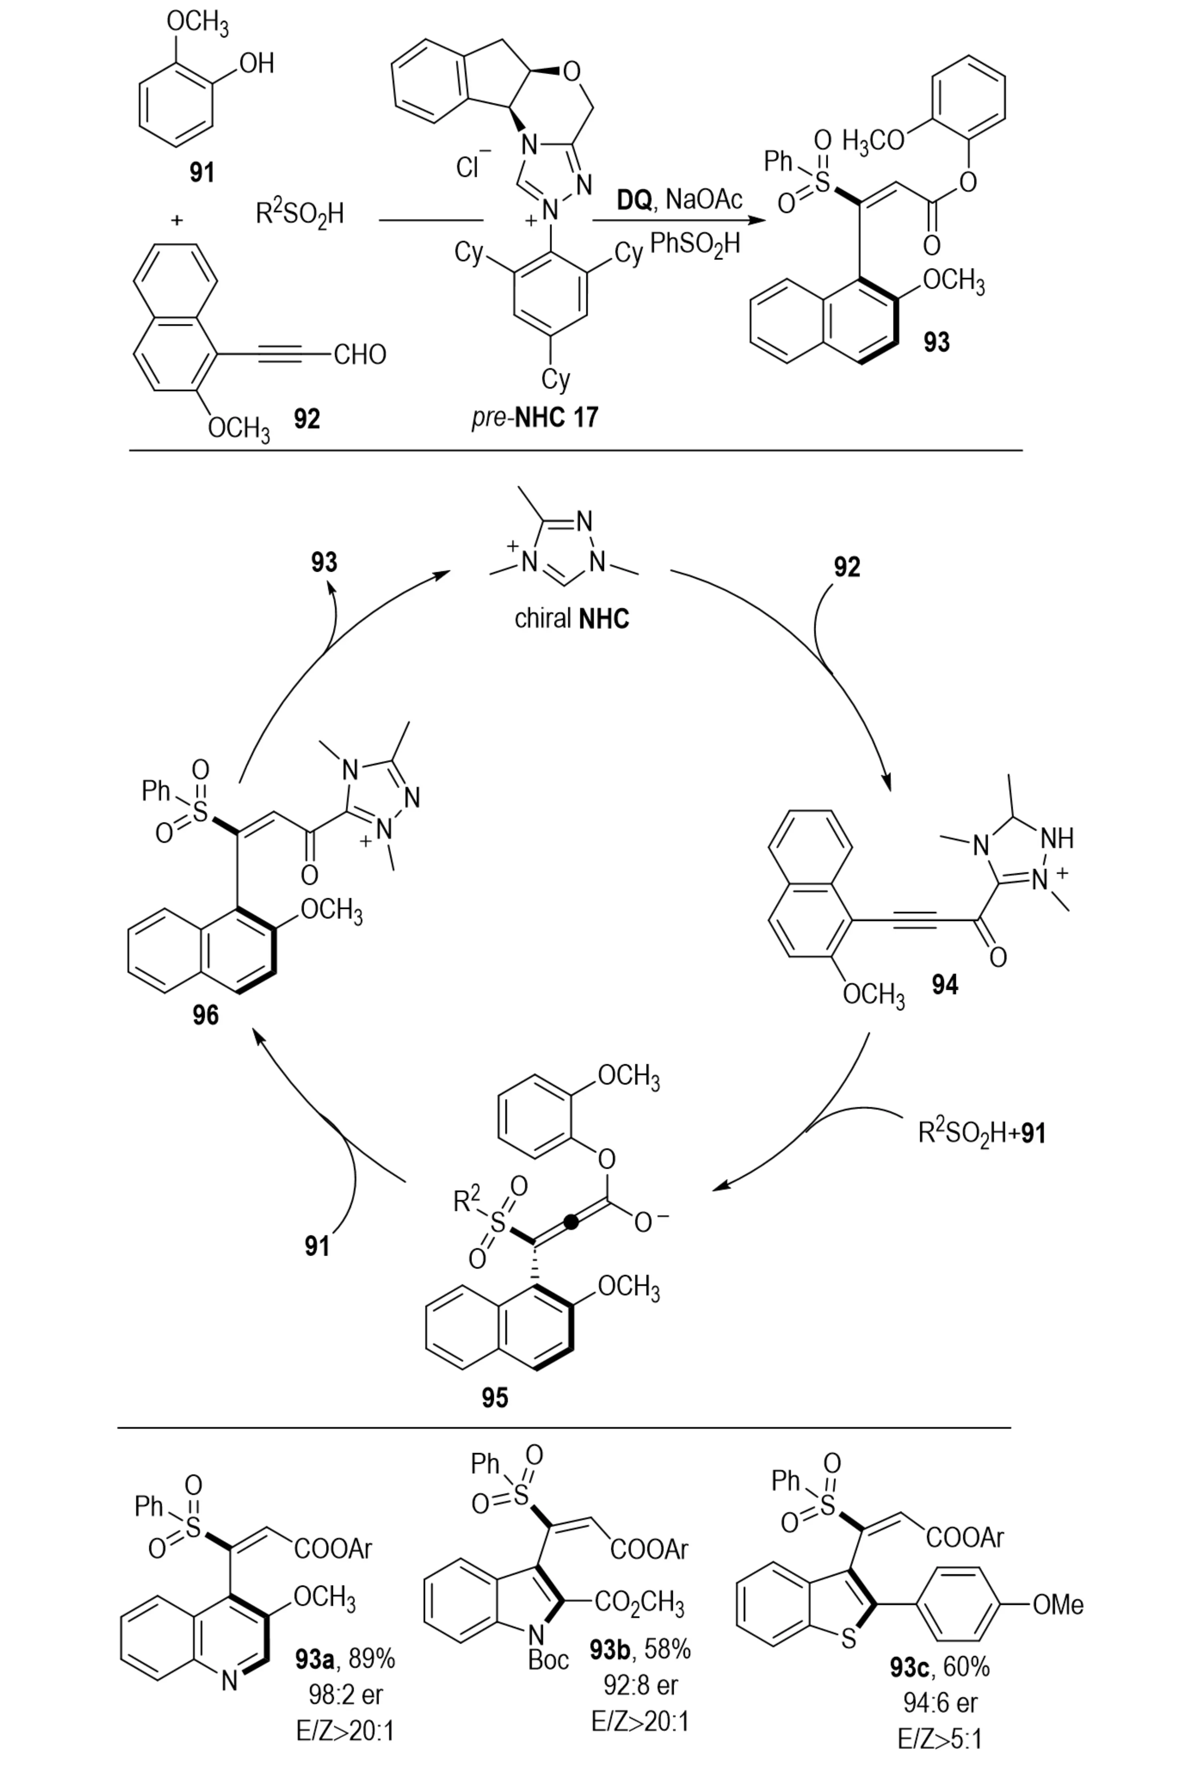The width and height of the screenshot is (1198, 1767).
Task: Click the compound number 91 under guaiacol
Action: pyautogui.click(x=201, y=173)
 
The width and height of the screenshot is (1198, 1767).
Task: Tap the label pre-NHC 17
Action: pyautogui.click(x=534, y=417)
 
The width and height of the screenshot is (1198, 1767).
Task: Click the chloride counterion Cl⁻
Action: pyautogui.click(x=473, y=166)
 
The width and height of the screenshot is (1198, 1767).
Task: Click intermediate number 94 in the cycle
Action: pyautogui.click(x=945, y=985)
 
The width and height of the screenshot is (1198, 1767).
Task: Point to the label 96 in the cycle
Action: pyautogui.click(x=205, y=1015)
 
